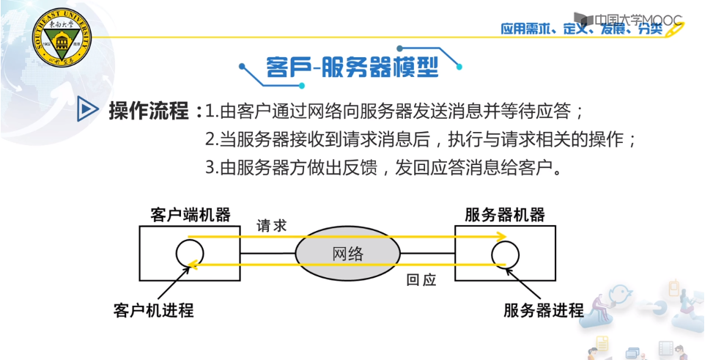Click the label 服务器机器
[505, 215]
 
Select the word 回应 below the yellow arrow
[421, 280]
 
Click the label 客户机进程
[154, 309]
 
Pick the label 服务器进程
[544, 309]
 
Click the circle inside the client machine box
[188, 254]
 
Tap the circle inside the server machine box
[505, 254]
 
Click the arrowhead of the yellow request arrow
[500, 237]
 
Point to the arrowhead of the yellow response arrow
[193, 266]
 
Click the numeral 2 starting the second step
[210, 139]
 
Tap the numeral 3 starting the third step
[210, 167]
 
